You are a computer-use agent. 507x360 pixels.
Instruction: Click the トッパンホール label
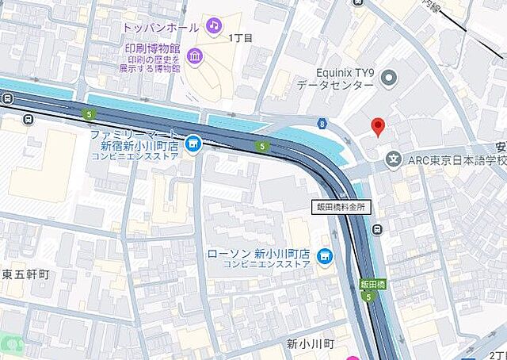(x=161, y=27)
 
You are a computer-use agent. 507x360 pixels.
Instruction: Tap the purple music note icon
(x=213, y=26)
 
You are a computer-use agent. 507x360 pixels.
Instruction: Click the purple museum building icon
(x=195, y=56)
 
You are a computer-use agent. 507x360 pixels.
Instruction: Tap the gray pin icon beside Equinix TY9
(x=388, y=77)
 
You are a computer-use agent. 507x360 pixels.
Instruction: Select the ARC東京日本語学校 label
(x=456, y=160)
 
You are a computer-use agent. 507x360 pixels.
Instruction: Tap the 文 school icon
(x=393, y=159)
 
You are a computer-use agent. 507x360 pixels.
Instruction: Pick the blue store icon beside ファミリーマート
(x=192, y=144)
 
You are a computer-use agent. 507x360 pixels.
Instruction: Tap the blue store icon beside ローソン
(x=323, y=256)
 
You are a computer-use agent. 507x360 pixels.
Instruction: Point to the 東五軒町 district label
(x=25, y=275)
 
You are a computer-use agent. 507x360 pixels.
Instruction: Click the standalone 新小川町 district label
(x=311, y=344)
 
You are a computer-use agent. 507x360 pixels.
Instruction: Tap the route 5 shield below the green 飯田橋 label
(x=368, y=297)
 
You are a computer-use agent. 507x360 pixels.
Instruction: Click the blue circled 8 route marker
(x=322, y=123)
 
